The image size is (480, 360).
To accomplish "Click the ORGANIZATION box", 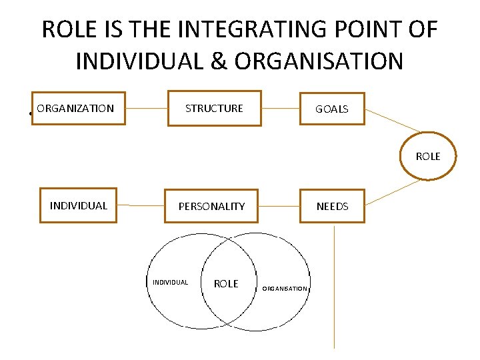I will click(82, 108).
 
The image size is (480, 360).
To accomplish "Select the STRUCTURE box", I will click(214, 108).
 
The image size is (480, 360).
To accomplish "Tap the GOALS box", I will click(332, 109).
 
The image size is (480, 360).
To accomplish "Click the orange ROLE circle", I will click(428, 156).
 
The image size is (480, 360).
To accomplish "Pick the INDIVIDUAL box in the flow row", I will click(78, 205).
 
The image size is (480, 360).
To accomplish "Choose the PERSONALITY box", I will click(211, 206).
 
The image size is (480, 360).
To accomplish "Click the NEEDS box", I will click(332, 206).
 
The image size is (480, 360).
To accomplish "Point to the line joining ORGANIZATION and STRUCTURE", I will click(146, 108).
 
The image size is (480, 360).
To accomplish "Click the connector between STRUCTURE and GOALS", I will click(281, 108).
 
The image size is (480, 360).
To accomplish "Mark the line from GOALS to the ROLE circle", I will click(393, 121).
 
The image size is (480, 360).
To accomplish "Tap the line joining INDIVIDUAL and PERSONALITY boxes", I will click(141, 206).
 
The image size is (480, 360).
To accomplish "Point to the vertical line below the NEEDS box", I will click(333, 287).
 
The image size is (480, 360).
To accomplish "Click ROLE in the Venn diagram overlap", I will click(226, 283).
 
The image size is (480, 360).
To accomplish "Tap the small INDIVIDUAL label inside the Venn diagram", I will click(170, 282).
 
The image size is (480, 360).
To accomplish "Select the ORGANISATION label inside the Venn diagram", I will click(285, 289).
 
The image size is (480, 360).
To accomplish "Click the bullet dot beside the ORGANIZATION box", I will click(32, 113).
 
